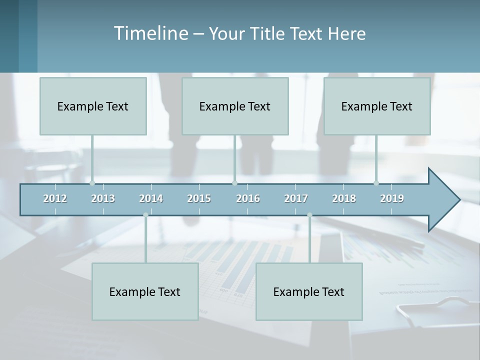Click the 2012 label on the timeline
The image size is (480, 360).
click(x=55, y=198)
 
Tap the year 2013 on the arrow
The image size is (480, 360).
click(x=103, y=198)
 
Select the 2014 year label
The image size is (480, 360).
click(x=151, y=198)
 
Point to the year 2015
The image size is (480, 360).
click(x=199, y=198)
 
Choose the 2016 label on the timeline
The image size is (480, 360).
click(x=248, y=198)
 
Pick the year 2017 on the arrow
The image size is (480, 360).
click(x=296, y=198)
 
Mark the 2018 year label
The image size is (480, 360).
click(x=344, y=198)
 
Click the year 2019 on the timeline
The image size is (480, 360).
click(x=392, y=198)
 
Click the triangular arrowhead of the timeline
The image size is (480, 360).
click(x=442, y=200)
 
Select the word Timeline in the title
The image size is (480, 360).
click(x=150, y=33)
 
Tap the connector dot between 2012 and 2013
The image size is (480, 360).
click(x=92, y=183)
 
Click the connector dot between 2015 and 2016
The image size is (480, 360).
click(x=234, y=183)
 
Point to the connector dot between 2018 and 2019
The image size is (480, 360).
click(x=376, y=183)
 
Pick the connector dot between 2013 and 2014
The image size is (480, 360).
click(x=145, y=215)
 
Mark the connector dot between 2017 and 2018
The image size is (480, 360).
click(x=309, y=215)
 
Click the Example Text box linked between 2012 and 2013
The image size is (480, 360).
click(x=93, y=106)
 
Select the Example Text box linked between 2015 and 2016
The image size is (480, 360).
click(x=235, y=106)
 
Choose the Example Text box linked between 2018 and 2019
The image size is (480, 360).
click(x=377, y=106)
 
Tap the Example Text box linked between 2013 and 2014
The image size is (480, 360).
click(x=145, y=291)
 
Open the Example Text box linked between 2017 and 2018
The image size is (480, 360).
click(x=309, y=291)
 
